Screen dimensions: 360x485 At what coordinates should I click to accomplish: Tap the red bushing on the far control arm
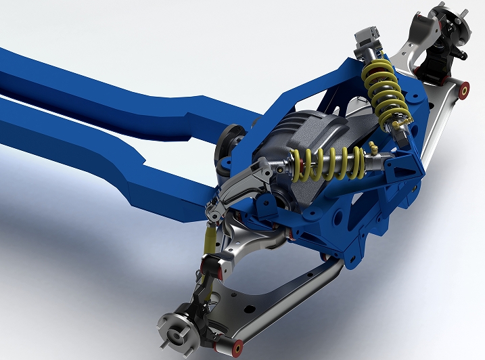pos(464,89)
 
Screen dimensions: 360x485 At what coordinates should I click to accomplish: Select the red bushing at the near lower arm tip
pos(237,348)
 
